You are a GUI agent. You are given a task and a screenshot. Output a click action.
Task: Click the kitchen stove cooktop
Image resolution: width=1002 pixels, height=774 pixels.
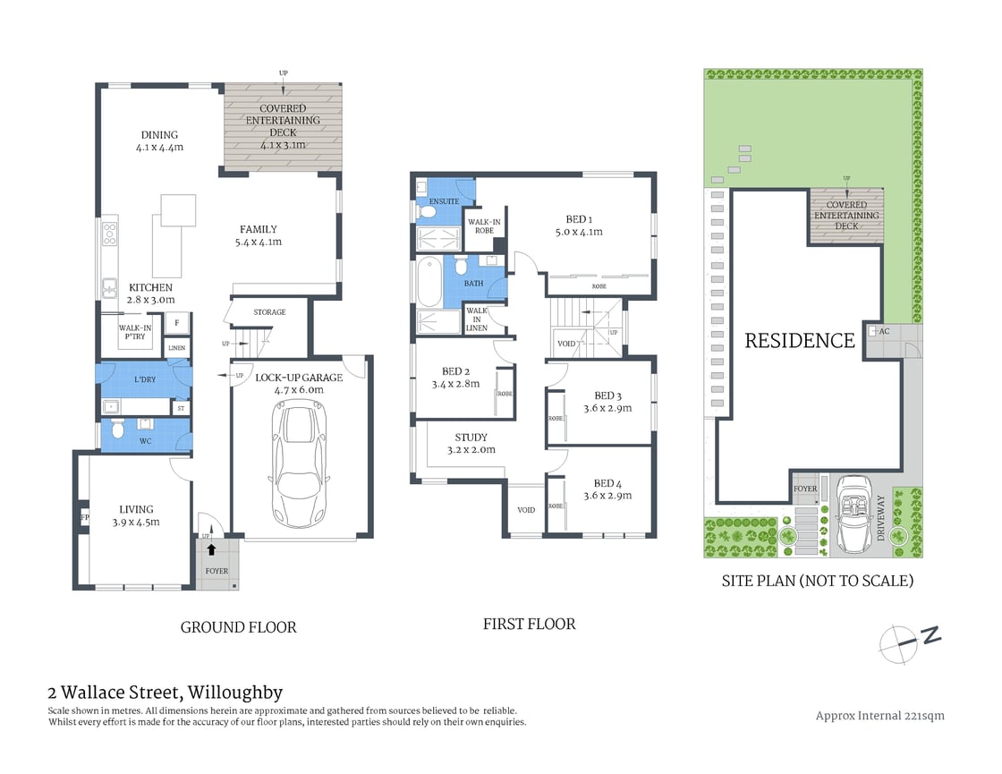coord(110,234)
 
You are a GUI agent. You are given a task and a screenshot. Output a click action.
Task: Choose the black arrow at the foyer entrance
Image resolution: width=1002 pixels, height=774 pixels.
coord(211,551)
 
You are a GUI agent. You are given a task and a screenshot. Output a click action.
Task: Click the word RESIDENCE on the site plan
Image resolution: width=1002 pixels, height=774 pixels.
coord(800,340)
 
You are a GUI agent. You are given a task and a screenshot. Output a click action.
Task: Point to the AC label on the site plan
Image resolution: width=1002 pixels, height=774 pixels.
coord(884,331)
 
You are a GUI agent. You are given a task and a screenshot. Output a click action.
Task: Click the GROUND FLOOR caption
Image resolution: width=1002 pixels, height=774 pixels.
coord(238,627)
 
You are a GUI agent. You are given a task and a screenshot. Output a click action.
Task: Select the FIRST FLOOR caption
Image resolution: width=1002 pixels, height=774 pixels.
coord(529,624)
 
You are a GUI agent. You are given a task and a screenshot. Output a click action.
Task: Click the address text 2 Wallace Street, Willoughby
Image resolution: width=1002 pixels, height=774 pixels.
coord(165,692)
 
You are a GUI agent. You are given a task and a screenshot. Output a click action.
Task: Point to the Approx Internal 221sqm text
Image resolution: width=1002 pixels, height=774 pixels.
coord(880,715)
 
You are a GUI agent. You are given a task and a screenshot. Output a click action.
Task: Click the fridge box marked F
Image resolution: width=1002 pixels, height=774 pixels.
coord(177,323)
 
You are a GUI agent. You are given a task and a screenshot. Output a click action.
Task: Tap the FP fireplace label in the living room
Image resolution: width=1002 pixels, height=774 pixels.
coord(84,518)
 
